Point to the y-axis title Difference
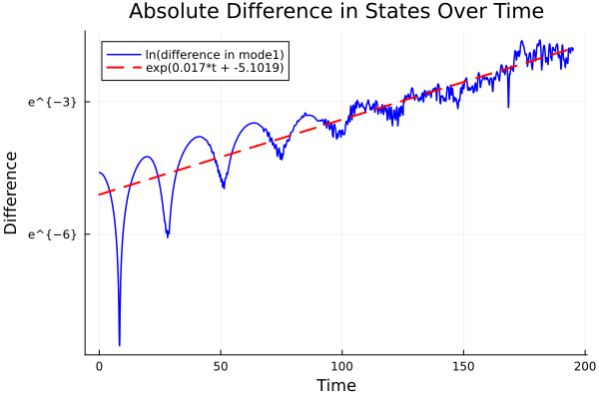[12, 193]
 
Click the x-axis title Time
[335, 385]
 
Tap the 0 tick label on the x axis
[99, 365]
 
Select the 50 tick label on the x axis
[221, 365]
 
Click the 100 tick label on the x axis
[342, 365]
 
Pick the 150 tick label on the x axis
[463, 365]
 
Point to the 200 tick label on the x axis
[585, 365]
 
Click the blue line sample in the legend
[123, 54]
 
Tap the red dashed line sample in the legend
[123, 69]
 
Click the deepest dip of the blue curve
[120, 344]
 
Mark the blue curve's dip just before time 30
[167, 236]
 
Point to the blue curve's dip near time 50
[223, 187]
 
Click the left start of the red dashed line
[100, 195]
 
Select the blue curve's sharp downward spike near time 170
[508, 106]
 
